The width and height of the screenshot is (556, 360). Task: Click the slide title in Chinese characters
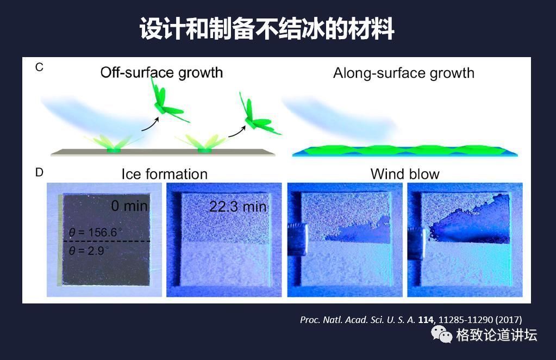pyautogui.click(x=267, y=28)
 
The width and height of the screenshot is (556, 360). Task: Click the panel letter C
pyautogui.click(x=39, y=67)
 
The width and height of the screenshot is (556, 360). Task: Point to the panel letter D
pyautogui.click(x=39, y=172)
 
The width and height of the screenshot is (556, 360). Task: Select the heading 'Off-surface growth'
pyautogui.click(x=161, y=72)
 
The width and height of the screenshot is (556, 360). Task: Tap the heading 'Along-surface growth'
pyautogui.click(x=403, y=73)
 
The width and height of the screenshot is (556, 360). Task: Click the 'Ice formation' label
pyautogui.click(x=164, y=174)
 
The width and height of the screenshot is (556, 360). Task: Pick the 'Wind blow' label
pyautogui.click(x=404, y=174)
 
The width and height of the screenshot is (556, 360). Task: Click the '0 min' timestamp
pyautogui.click(x=129, y=206)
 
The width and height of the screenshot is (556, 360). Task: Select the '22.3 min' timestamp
pyautogui.click(x=238, y=207)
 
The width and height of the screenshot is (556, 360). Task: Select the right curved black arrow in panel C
pyautogui.click(x=236, y=130)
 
